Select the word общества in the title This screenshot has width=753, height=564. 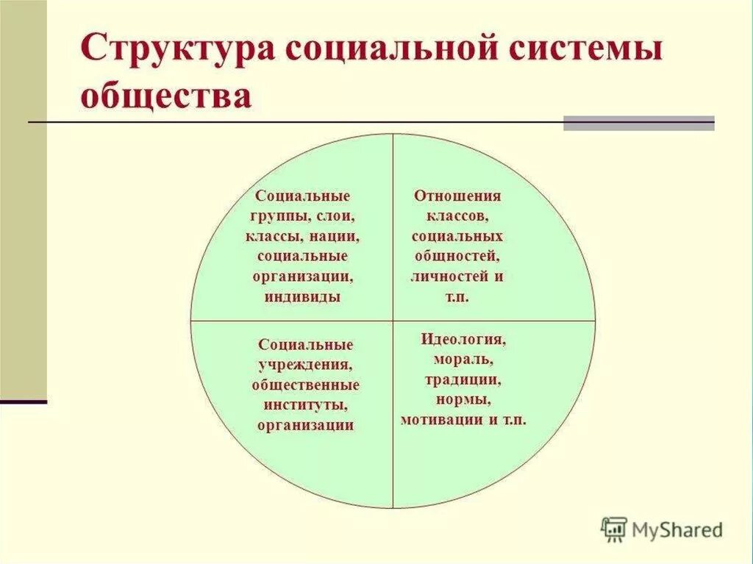click(167, 96)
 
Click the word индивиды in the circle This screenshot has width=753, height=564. click(301, 298)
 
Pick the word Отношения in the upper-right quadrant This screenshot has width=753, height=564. click(457, 196)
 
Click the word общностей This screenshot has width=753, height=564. click(456, 257)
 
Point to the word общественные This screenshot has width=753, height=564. click(305, 385)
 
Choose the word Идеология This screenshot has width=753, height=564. click(463, 340)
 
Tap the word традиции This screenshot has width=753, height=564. click(462, 380)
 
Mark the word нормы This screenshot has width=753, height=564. click(463, 400)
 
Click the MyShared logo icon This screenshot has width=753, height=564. click(614, 529)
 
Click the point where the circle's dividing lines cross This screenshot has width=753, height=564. click(393, 321)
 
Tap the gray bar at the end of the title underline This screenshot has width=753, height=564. click(638, 123)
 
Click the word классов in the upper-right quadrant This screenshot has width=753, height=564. click(457, 217)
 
